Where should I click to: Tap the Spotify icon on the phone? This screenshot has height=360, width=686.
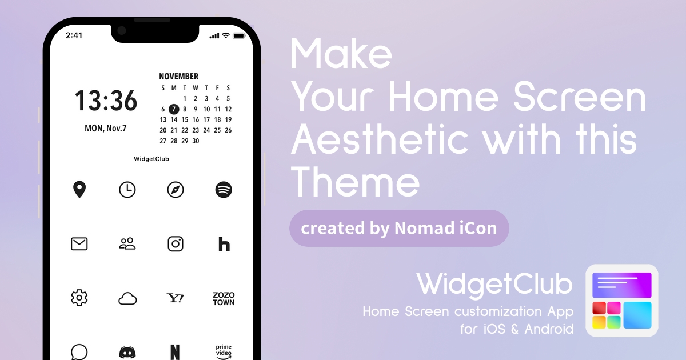point(224,190)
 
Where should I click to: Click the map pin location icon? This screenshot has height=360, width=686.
point(79,190)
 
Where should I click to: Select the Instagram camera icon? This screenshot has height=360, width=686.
point(176,244)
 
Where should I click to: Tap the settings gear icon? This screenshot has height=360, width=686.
point(79,298)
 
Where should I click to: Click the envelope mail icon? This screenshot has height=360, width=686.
point(79,244)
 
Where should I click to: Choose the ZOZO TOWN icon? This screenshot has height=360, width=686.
point(224,299)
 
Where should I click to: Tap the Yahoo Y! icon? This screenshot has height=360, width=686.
point(175,298)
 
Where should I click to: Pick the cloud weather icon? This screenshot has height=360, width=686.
point(127,298)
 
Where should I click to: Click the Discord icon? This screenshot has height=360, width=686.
point(127,353)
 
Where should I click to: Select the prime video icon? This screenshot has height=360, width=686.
point(224,352)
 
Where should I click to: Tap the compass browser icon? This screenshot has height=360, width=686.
point(176,190)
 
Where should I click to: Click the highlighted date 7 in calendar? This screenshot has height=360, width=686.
point(174,109)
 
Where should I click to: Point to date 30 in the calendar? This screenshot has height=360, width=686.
point(196,141)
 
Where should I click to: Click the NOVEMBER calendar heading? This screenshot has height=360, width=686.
point(178,76)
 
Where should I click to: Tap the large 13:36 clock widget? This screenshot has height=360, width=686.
point(106,101)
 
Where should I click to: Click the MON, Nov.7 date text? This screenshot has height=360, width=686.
point(106,128)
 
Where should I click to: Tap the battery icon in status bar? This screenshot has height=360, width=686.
point(239,36)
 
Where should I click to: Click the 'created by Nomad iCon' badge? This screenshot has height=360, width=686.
point(399,229)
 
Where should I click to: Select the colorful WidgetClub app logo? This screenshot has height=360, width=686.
point(622,301)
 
